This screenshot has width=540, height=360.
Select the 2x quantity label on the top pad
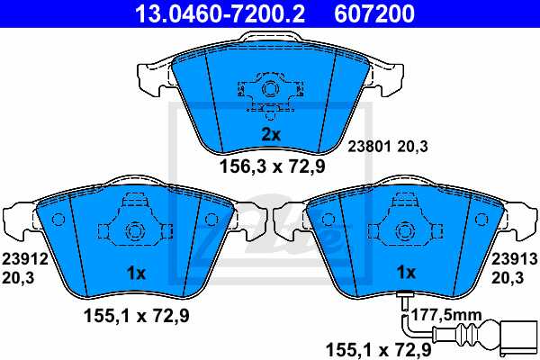[272, 135]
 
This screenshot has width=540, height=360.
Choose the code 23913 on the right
[515, 259]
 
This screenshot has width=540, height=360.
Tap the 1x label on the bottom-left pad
[136, 272]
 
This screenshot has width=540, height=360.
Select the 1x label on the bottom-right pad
[406, 272]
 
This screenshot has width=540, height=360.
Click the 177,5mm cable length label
[447, 314]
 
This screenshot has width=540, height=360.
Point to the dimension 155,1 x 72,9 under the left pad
[136, 315]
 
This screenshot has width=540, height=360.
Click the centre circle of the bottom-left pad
[135, 229]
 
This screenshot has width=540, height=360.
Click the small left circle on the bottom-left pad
[58, 220]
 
